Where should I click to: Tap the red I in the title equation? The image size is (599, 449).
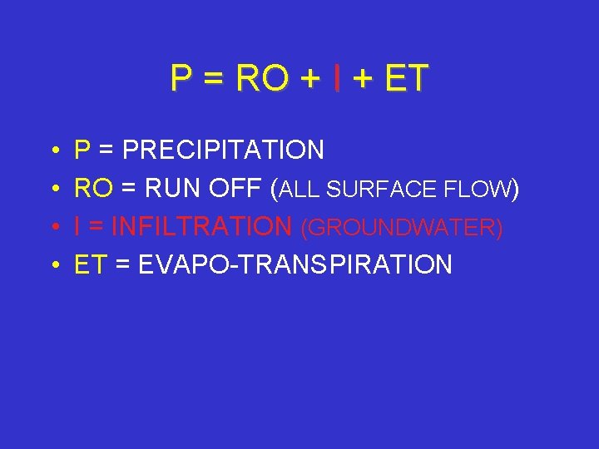click(x=335, y=78)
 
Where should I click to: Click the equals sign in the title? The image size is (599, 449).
click(x=213, y=79)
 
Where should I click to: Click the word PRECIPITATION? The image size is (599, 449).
click(x=223, y=150)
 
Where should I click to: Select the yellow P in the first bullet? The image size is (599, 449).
click(x=82, y=150)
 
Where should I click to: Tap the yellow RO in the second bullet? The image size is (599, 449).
click(x=92, y=189)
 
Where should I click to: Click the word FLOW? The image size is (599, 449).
click(x=477, y=190)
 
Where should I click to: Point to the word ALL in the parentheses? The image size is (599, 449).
click(x=304, y=190)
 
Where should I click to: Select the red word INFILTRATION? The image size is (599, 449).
click(x=201, y=227)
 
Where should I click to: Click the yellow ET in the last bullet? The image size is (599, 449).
click(x=92, y=265)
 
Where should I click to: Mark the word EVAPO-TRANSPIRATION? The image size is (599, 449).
click(x=295, y=265)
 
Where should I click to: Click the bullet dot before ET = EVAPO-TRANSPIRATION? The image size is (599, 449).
click(x=52, y=266)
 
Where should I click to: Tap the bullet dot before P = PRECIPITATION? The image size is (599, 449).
click(x=52, y=151)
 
